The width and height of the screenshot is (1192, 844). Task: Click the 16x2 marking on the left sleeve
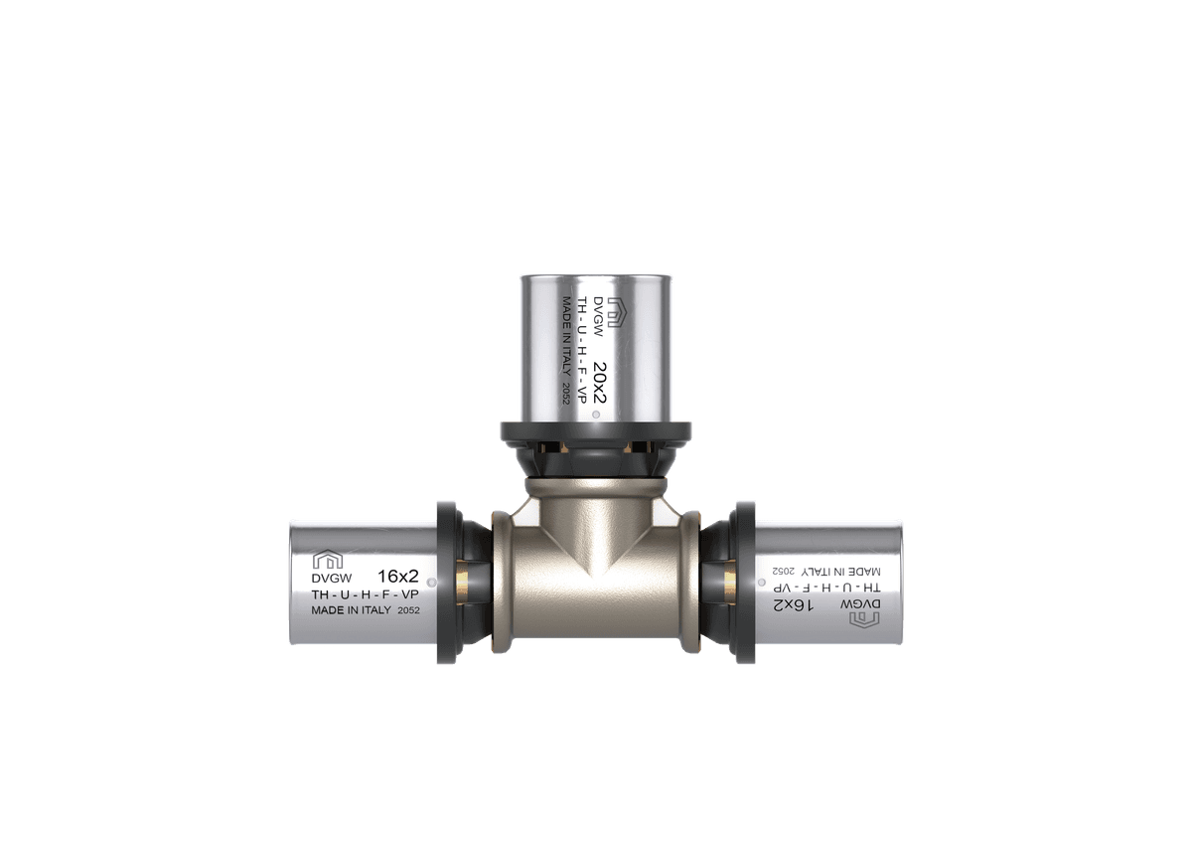398,577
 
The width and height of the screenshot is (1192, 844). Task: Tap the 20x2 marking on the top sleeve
600,384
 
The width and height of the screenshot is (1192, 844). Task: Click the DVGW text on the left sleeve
332,578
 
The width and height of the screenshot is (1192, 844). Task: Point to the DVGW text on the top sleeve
597,316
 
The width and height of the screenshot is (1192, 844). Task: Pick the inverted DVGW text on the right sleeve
860,604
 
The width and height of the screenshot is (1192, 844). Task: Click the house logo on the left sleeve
327,559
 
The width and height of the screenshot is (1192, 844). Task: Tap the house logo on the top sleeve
614,312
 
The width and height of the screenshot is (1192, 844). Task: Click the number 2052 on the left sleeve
408,610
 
